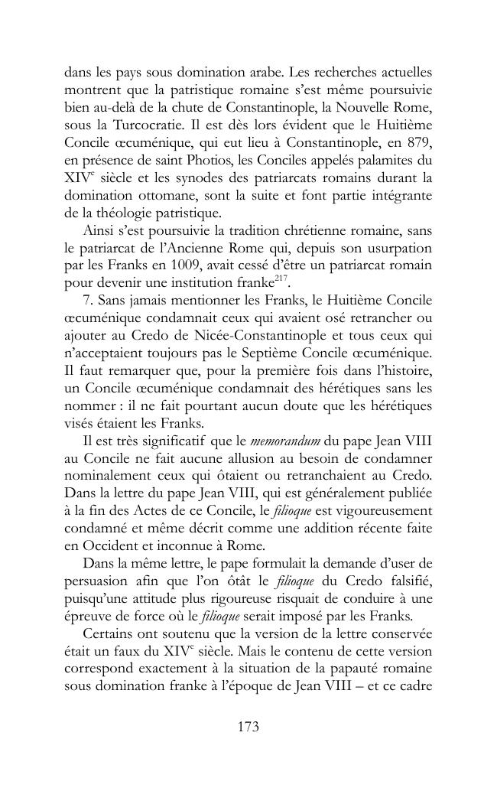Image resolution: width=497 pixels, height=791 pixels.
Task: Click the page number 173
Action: click(248, 727)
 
